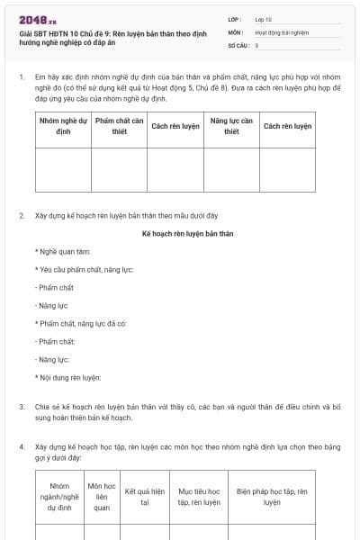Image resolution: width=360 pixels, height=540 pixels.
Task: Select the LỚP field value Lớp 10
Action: (x=265, y=19)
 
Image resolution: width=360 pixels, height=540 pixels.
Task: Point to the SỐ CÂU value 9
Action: (x=257, y=44)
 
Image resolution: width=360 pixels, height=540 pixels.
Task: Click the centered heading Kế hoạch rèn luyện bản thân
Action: (x=188, y=233)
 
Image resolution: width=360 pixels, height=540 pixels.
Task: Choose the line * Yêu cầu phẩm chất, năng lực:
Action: (x=84, y=269)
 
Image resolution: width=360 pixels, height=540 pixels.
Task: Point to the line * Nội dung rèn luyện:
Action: (x=67, y=377)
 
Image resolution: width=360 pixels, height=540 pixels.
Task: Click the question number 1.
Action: (x=21, y=78)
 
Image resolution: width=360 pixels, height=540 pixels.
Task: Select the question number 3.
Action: (x=21, y=407)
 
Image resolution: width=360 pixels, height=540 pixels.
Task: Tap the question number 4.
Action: (x=21, y=446)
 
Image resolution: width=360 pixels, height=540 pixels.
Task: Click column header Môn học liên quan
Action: (x=102, y=497)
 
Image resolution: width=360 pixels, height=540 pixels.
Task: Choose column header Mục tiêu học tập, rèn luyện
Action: (x=199, y=497)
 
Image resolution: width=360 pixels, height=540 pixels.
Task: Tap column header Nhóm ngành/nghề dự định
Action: (x=59, y=497)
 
